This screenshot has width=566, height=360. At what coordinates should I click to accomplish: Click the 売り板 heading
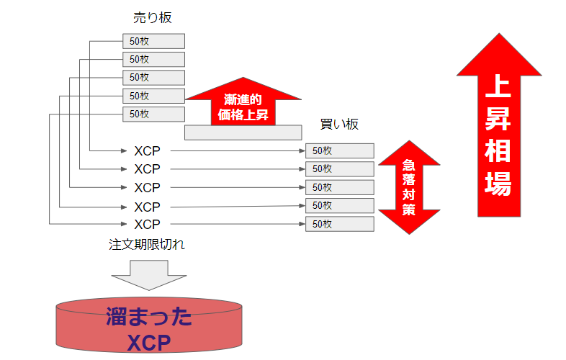click(x=153, y=17)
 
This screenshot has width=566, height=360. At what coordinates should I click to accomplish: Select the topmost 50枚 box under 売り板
click(x=153, y=41)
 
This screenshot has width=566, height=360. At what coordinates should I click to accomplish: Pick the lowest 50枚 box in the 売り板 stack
click(x=153, y=114)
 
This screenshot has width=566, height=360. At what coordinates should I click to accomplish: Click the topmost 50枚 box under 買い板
click(x=339, y=150)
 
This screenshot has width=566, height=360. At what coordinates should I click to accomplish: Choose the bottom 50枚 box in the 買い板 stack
click(x=339, y=224)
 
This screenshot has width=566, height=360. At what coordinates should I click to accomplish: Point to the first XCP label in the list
click(x=147, y=150)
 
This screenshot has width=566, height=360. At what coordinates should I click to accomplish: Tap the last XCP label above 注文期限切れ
click(x=147, y=224)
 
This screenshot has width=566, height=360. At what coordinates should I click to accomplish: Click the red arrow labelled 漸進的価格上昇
click(x=243, y=102)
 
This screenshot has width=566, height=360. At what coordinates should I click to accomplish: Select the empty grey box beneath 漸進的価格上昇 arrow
click(x=243, y=132)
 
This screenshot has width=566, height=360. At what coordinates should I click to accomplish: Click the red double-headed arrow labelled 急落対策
click(x=409, y=186)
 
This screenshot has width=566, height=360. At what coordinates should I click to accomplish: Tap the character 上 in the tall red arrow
click(x=498, y=88)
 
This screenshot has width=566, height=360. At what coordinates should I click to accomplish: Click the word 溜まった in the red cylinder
click(x=149, y=318)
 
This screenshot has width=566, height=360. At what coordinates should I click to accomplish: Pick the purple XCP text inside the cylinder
click(x=149, y=342)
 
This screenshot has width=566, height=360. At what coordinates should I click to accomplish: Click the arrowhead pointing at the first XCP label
click(x=124, y=150)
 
